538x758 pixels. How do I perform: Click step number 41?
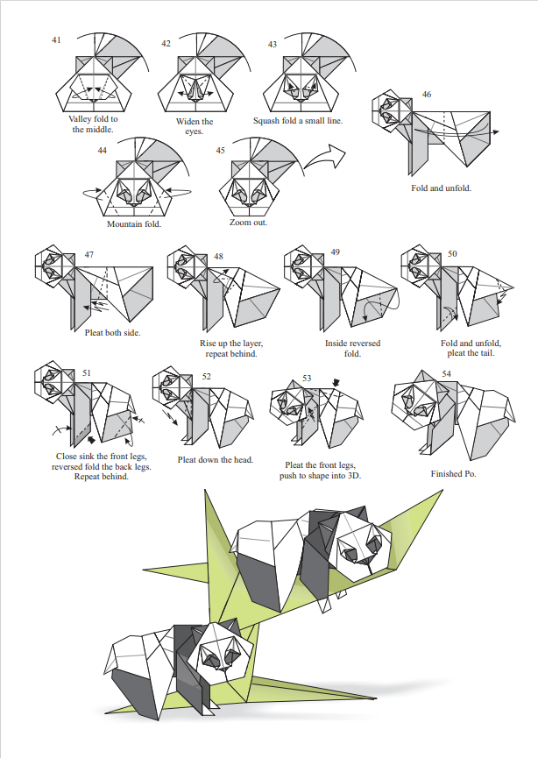click(x=57, y=40)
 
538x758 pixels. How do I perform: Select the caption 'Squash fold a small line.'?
click(x=298, y=121)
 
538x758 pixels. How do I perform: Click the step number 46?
click(x=426, y=94)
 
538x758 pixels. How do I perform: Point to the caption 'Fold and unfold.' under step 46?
click(x=441, y=188)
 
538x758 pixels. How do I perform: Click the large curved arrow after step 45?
click(x=323, y=159)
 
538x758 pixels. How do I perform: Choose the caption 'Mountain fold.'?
click(x=134, y=223)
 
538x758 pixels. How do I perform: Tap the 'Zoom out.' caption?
click(x=248, y=223)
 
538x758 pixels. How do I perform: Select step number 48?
click(x=218, y=257)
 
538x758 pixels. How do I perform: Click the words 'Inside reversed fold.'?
click(x=352, y=348)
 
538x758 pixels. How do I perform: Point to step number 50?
click(x=452, y=253)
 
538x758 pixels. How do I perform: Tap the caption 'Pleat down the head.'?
click(x=216, y=459)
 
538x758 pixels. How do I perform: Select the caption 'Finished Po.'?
click(x=452, y=473)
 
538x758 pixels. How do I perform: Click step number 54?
click(x=447, y=373)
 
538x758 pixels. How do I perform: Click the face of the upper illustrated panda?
click(x=358, y=545)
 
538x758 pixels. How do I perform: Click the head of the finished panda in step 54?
click(x=419, y=400)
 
